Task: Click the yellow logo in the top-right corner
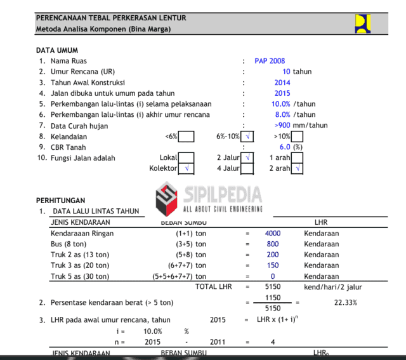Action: (363, 23)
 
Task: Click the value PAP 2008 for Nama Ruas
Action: (270, 61)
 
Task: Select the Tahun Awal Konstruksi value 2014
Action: (282, 83)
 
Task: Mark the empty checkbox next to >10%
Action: (297, 136)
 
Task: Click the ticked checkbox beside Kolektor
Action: (186, 168)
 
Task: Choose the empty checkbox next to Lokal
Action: (186, 157)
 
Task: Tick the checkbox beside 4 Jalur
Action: (247, 168)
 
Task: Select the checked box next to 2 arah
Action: (298, 168)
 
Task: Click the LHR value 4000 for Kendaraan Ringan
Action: (272, 234)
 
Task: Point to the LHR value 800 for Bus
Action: (273, 244)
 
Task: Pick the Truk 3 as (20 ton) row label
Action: (79, 265)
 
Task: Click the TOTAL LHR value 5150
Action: (272, 287)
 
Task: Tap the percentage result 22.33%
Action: (345, 303)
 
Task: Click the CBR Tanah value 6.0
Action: (285, 147)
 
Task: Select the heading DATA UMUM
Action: (56, 50)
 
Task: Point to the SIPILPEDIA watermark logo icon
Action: (166, 198)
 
